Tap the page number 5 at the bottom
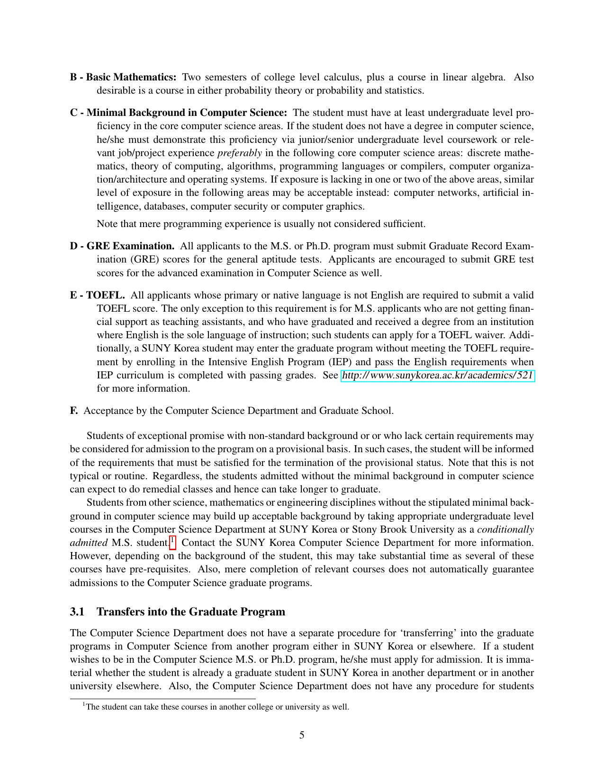point(302,735)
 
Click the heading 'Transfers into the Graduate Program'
point(191,612)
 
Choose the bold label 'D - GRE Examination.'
point(122,246)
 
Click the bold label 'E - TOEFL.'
point(97,295)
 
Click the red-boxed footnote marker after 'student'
point(172,541)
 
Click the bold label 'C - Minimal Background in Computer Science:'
point(179,113)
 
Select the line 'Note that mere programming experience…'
point(261,224)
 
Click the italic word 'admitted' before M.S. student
point(88,543)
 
